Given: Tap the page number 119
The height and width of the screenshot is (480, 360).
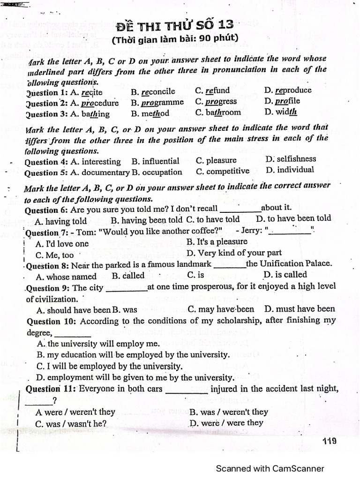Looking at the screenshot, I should [330, 441].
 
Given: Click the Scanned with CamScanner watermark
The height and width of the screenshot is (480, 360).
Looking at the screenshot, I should [270, 468].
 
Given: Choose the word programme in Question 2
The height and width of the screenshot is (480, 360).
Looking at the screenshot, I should [163, 102].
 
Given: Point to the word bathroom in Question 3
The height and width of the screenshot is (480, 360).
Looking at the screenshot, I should [223, 112].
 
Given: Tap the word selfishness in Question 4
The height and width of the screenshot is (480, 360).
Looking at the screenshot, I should [295, 159].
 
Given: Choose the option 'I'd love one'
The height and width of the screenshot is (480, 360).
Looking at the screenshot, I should [62, 244].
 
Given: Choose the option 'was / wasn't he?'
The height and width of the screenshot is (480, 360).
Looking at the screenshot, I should [71, 424].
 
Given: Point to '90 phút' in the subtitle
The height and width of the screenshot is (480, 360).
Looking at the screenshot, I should [219, 38].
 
